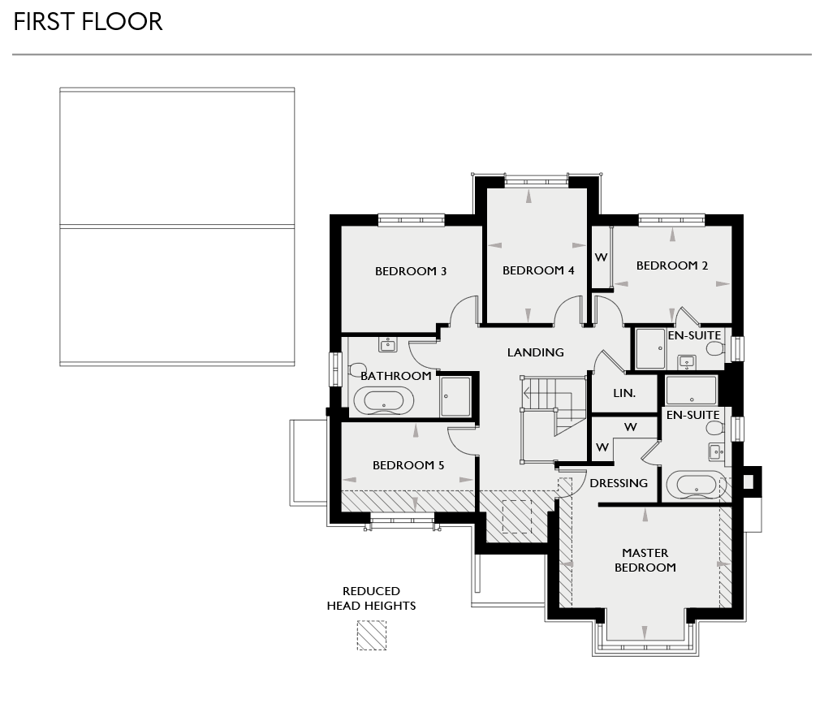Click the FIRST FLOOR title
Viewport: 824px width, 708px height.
(x=88, y=21)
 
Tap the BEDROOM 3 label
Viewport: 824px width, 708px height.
(x=411, y=271)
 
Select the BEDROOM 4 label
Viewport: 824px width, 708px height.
(x=538, y=270)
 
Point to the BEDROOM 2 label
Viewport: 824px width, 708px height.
(x=672, y=265)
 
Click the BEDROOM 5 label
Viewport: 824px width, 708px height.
(x=408, y=465)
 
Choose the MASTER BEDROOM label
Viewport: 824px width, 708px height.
(x=645, y=560)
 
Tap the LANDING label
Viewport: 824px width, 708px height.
(x=535, y=352)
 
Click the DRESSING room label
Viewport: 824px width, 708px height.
(x=619, y=483)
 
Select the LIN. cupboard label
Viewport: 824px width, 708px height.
(x=624, y=393)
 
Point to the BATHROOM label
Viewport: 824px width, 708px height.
(x=395, y=376)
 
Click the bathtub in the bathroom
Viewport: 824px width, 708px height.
(x=387, y=400)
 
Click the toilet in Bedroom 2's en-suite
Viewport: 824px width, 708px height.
(x=714, y=349)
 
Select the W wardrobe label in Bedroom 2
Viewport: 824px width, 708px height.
(x=601, y=258)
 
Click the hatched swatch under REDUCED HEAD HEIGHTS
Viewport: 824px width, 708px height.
(x=372, y=636)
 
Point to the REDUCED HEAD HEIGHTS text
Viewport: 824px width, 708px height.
(x=371, y=598)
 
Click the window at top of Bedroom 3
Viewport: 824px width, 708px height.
(x=411, y=219)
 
